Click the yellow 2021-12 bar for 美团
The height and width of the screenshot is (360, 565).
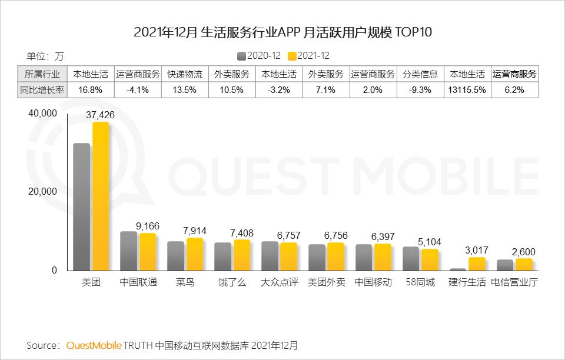[x=100, y=197]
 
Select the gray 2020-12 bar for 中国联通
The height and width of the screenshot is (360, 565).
[x=128, y=251]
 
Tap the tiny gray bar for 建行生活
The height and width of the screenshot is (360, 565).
[x=458, y=269]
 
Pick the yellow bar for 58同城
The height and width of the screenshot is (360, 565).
[x=430, y=259]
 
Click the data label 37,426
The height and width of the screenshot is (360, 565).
[x=100, y=115]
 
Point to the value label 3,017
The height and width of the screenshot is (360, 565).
[x=477, y=251]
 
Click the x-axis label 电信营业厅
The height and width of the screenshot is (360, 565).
[x=514, y=282]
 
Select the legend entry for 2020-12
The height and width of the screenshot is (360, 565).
[x=257, y=56]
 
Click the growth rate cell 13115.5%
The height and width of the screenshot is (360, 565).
[x=467, y=90]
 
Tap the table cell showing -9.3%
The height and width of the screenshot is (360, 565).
[x=420, y=90]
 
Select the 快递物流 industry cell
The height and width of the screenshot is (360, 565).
[x=185, y=74]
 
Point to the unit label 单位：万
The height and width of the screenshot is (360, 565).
[x=45, y=56]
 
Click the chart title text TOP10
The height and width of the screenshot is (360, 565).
[x=412, y=32]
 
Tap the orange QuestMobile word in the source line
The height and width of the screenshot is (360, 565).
[x=94, y=345]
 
